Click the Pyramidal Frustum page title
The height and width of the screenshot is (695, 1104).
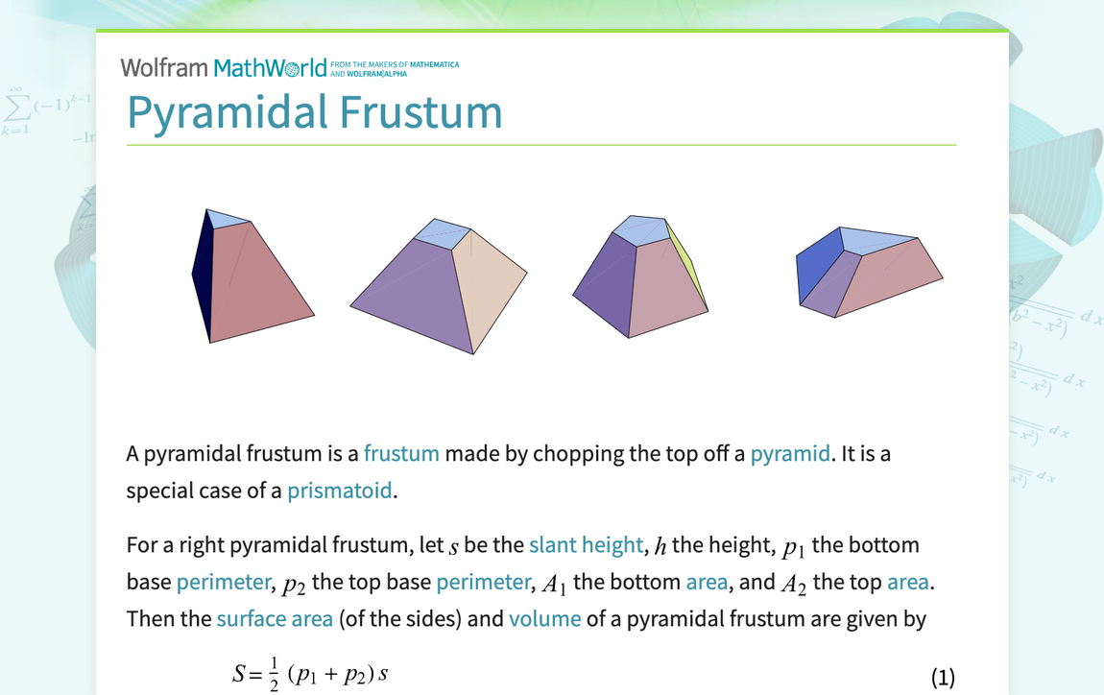point(315,111)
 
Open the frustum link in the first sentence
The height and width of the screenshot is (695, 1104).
point(401,453)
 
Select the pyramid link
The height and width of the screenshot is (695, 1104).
point(790,453)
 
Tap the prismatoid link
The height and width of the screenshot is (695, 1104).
point(340,491)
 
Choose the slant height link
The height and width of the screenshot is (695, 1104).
point(586,545)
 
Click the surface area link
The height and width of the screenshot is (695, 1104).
point(275,618)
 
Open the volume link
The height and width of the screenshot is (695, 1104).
point(544,618)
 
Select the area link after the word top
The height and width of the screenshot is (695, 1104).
point(908,582)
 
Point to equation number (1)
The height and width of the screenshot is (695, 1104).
point(943,678)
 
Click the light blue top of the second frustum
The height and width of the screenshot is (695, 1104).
point(442,232)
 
